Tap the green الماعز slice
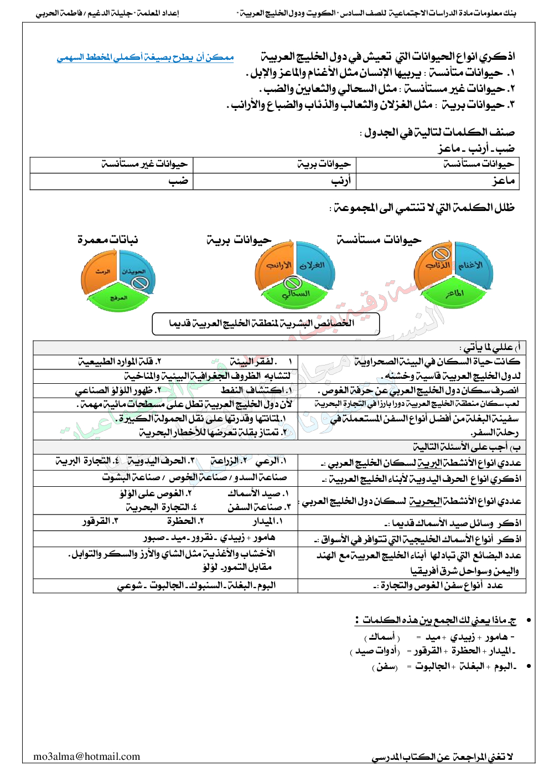[x=455, y=292]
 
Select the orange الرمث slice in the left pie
[x=101, y=271]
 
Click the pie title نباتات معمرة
[x=107, y=240]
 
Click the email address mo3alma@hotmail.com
[x=87, y=757]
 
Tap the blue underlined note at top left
[x=145, y=58]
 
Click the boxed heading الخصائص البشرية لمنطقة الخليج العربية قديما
[x=266, y=323]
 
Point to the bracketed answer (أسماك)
[x=382, y=637]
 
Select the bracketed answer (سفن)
[x=385, y=667]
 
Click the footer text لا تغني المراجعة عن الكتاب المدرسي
[x=442, y=757]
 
